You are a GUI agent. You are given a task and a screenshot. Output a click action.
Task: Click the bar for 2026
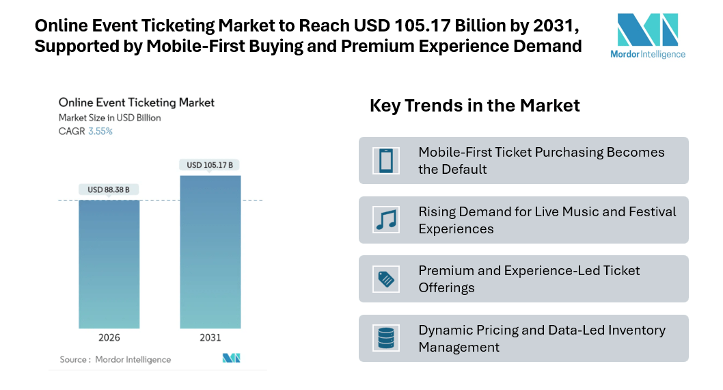click(109, 263)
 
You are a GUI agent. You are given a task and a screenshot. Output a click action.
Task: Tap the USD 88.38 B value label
click(109, 190)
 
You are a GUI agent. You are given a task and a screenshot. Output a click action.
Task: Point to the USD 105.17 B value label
click(210, 165)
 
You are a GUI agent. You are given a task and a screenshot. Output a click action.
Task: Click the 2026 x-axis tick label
click(109, 338)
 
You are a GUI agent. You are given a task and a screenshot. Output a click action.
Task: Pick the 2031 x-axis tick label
click(210, 338)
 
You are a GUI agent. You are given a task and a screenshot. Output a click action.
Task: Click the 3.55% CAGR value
click(100, 131)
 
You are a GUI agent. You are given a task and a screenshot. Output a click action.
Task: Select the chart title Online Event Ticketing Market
click(137, 103)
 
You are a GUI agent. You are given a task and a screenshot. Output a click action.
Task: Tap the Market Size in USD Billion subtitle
click(110, 118)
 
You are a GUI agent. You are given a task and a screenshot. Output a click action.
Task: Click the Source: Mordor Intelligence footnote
click(115, 359)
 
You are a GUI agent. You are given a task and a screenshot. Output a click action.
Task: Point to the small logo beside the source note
click(231, 359)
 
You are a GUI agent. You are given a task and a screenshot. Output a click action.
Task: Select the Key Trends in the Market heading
click(474, 105)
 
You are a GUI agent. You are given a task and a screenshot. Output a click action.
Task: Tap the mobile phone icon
click(385, 161)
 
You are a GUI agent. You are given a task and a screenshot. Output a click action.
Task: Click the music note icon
click(385, 220)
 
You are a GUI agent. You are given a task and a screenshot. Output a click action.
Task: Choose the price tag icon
click(385, 279)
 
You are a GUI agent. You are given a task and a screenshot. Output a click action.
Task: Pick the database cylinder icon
click(385, 338)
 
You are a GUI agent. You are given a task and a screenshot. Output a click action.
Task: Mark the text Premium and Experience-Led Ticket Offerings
click(529, 279)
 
